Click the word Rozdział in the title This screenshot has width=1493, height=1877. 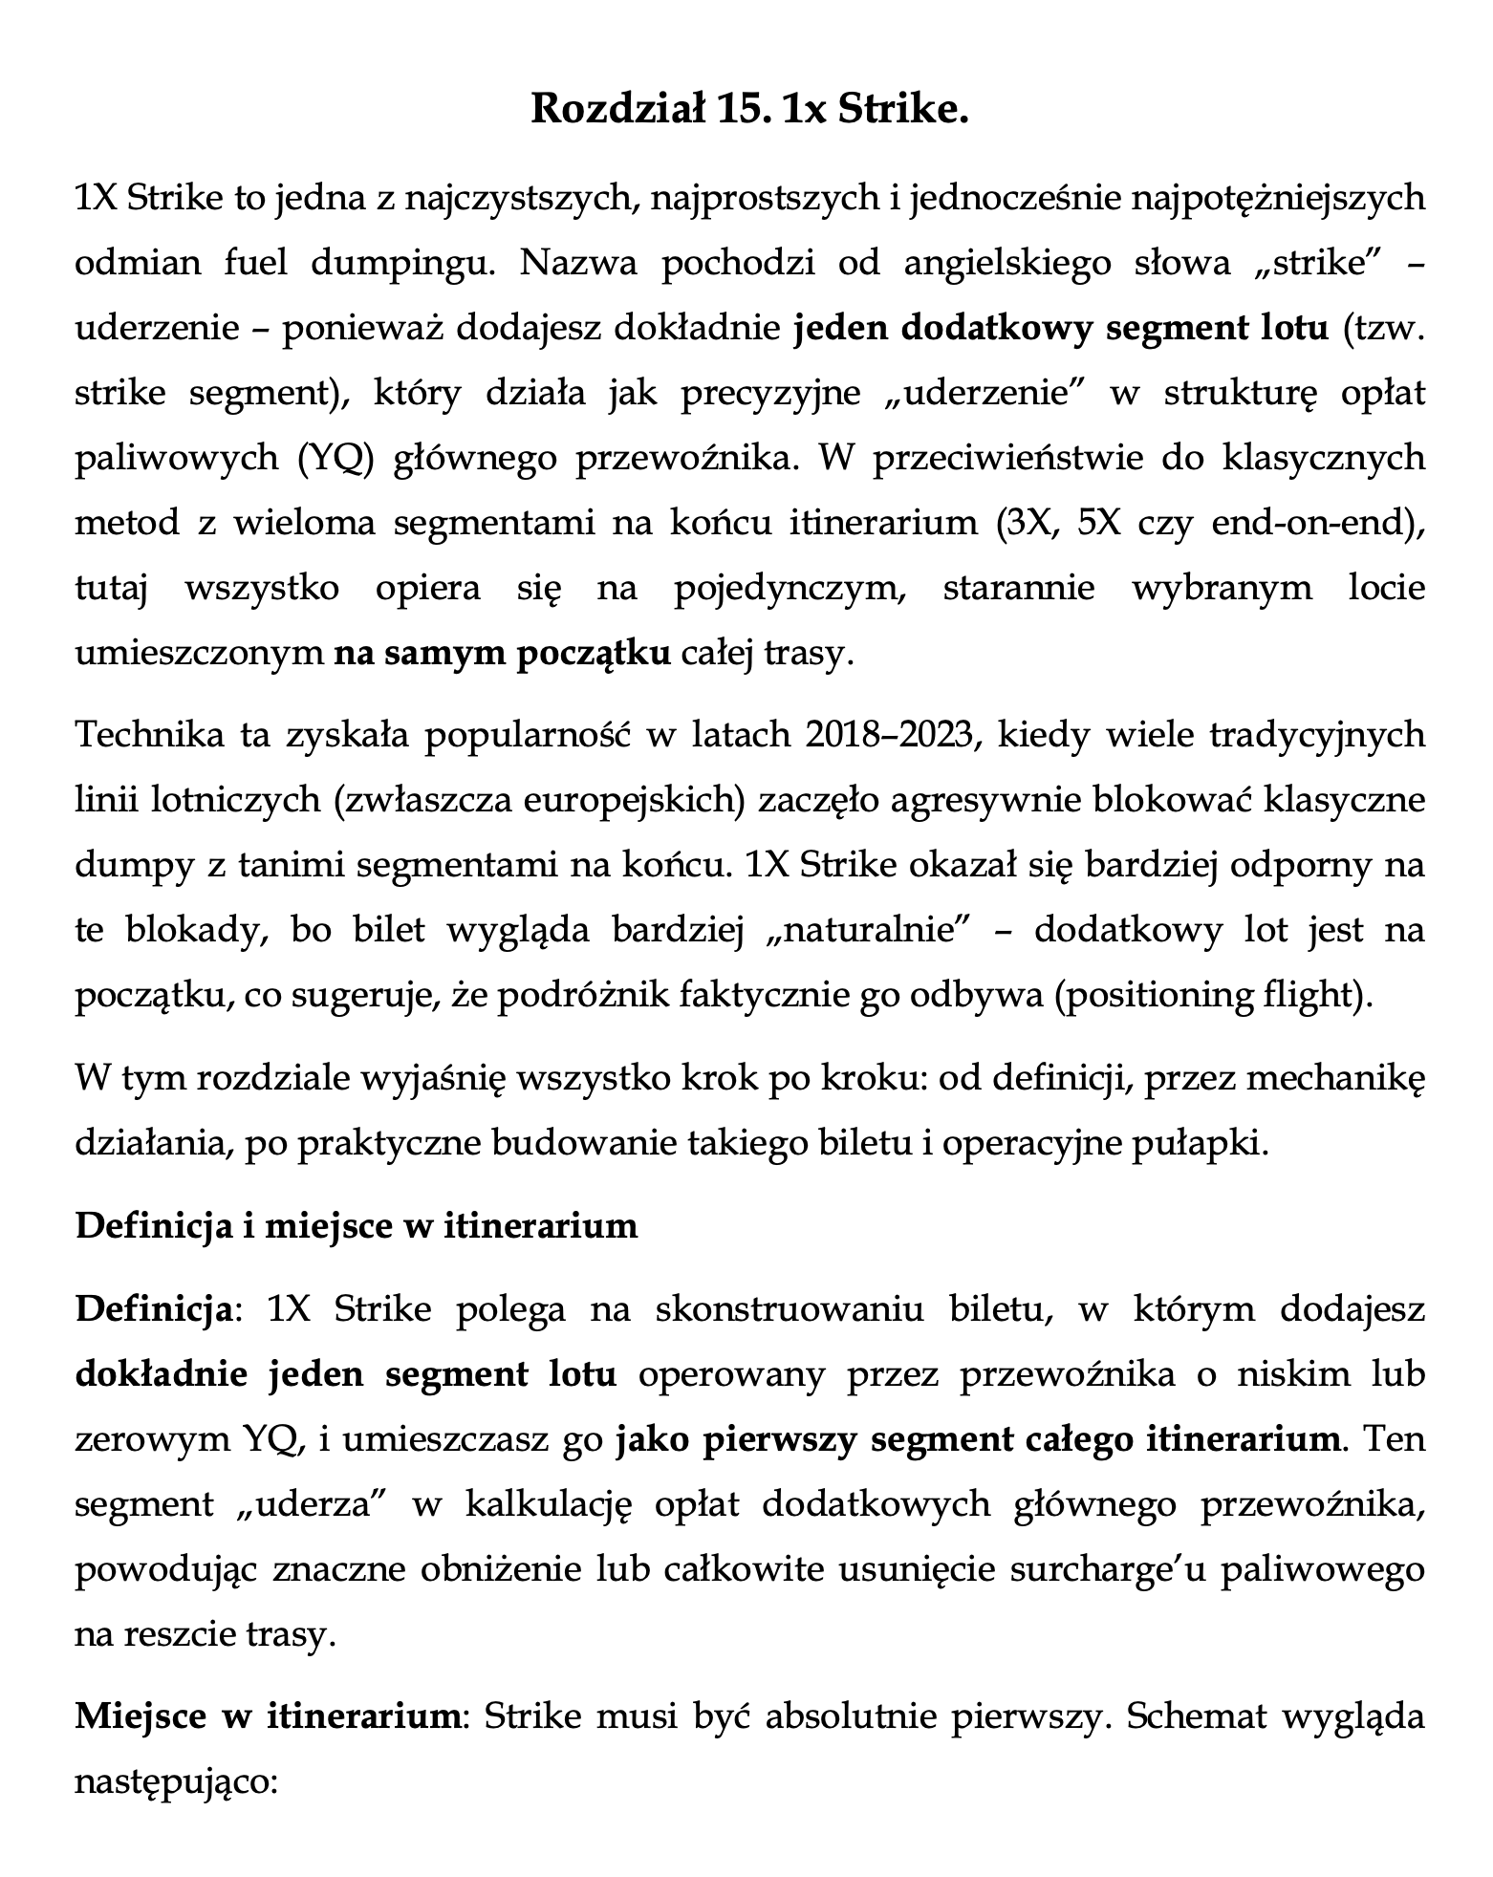612,109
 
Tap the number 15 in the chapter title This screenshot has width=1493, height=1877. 746,109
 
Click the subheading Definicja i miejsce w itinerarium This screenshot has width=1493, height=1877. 357,1226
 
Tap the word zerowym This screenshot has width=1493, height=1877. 144,1438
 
